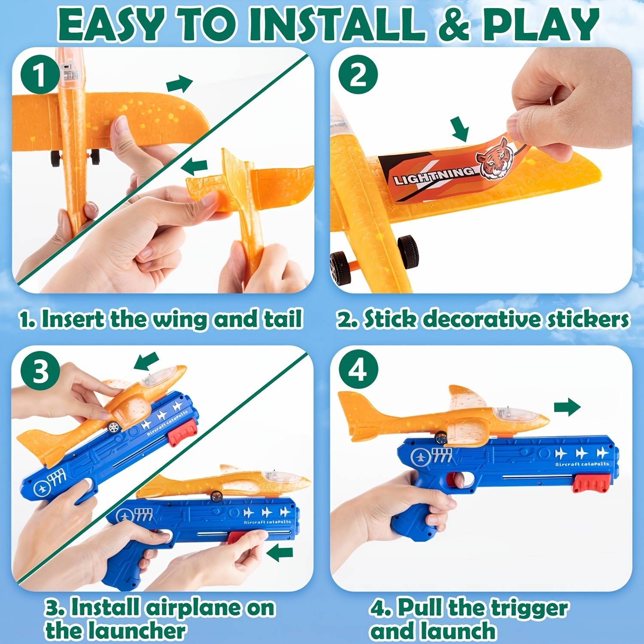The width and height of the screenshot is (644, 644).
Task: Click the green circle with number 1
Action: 39,75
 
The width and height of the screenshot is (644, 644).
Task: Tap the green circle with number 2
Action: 358,75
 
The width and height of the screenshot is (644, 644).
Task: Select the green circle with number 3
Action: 40,371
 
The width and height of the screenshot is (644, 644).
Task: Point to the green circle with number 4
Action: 358,369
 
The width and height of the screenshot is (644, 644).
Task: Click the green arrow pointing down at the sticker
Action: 461,129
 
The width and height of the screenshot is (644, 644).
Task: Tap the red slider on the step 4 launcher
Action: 591,484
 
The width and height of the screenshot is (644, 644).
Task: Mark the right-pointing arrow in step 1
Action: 180,83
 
